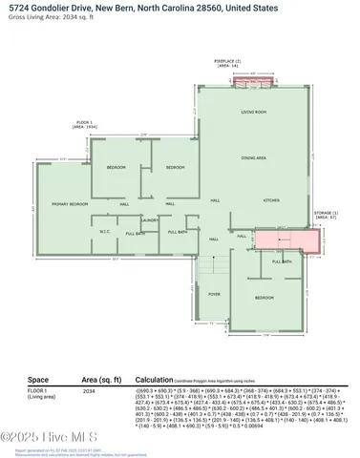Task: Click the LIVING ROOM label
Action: (253, 113)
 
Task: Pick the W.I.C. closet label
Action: (106, 232)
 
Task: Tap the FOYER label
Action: (215, 294)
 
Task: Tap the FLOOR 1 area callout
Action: (87, 126)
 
